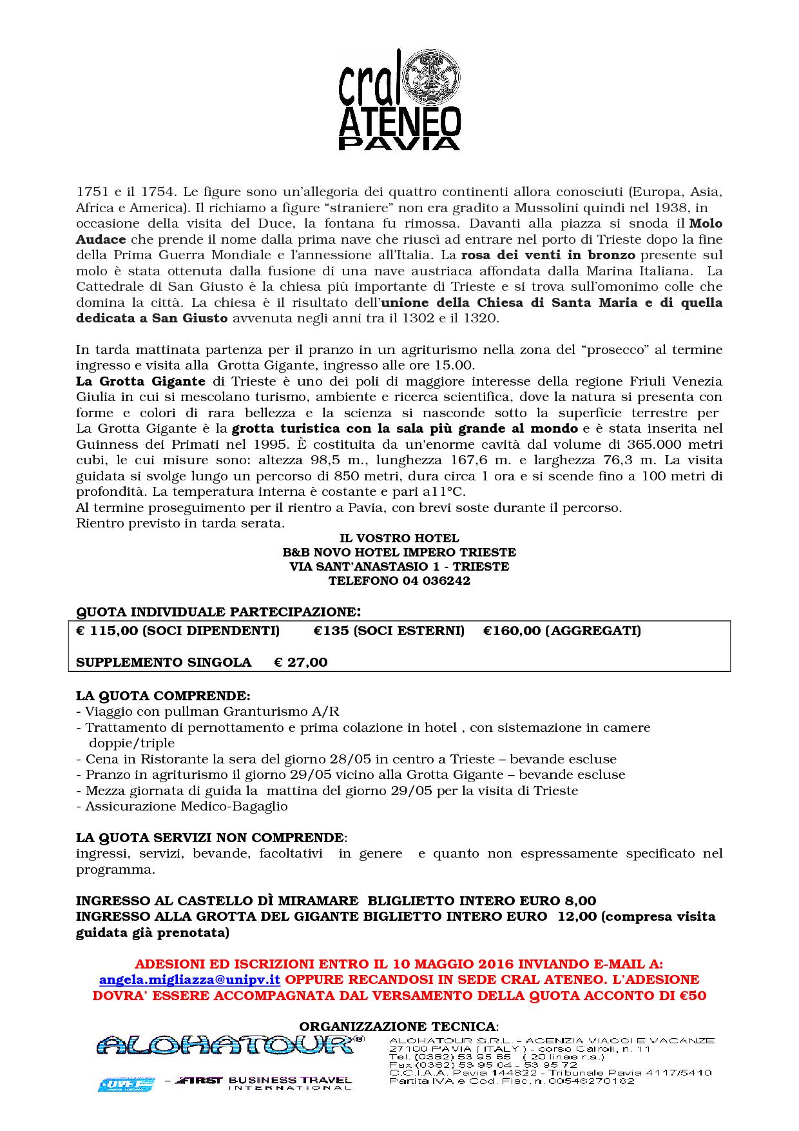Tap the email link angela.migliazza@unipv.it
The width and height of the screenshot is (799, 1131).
[189, 979]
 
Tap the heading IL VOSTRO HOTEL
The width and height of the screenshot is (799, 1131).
[399, 538]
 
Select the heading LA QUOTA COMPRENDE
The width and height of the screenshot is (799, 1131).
[163, 696]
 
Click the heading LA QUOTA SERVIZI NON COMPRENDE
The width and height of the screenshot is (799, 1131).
[210, 838]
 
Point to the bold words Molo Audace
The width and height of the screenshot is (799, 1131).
[706, 224]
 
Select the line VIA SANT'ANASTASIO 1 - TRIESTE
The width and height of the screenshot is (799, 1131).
[399, 566]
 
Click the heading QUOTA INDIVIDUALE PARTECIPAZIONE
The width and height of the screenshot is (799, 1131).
[218, 611]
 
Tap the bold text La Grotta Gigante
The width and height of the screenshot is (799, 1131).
[140, 381]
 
